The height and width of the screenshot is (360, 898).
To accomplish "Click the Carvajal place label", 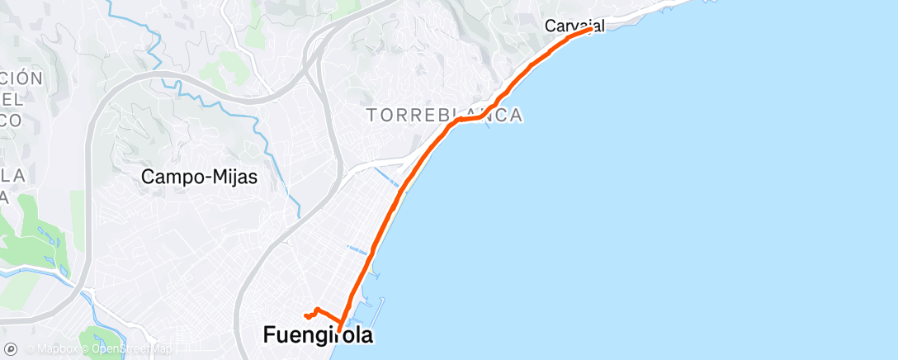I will (x=574, y=26).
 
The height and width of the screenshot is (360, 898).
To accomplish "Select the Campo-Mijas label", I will (x=199, y=176).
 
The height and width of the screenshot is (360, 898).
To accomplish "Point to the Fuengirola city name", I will (x=318, y=335).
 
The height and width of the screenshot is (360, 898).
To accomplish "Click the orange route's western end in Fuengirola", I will (x=305, y=315).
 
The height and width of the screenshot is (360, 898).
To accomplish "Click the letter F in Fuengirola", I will (x=270, y=335).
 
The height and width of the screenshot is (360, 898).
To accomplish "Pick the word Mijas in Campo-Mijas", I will (x=233, y=176).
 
